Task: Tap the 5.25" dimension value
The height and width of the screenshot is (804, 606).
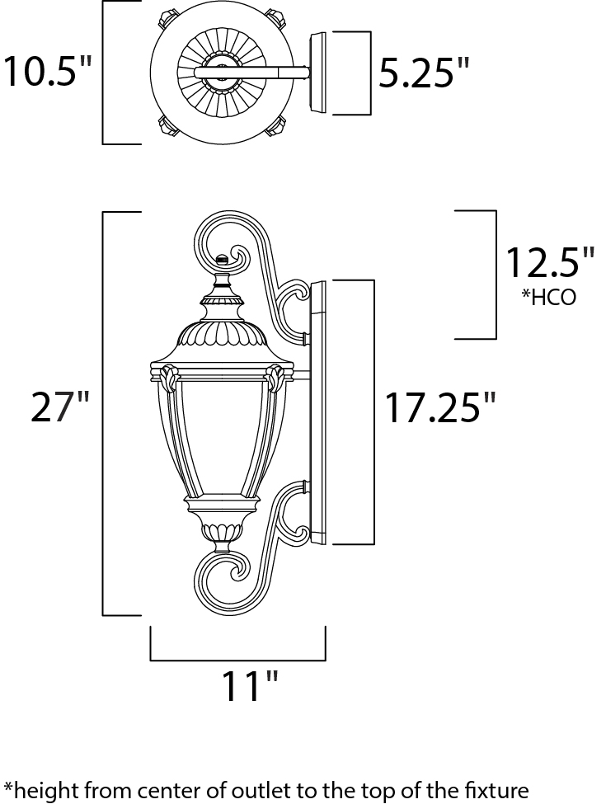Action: [424, 72]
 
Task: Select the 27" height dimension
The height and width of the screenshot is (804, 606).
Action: [60, 407]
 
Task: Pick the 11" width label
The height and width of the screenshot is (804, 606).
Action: [250, 685]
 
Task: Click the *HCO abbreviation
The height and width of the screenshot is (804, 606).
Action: [548, 297]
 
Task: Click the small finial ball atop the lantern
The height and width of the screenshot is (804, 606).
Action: [222, 259]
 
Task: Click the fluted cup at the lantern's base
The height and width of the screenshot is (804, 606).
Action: [222, 532]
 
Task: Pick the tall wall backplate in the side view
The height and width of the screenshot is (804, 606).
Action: [318, 412]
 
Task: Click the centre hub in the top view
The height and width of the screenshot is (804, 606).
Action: [220, 73]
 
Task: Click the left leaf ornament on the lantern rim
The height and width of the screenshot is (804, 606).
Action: [170, 378]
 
